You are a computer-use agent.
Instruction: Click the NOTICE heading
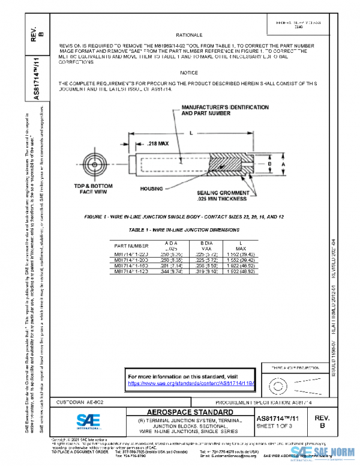tap(189, 72)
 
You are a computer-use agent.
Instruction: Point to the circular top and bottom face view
tap(95, 163)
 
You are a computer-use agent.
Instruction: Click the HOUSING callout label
tap(152, 189)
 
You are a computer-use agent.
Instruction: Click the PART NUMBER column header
tap(131, 246)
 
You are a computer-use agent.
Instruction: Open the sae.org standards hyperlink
tap(192, 383)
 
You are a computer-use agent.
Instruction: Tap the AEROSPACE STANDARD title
tap(191, 413)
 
